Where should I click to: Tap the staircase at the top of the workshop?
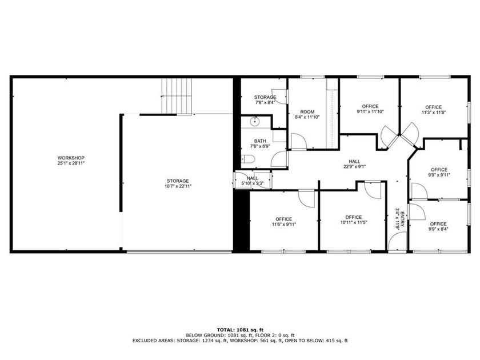point(177,96)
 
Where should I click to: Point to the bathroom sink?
point(255,121)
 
